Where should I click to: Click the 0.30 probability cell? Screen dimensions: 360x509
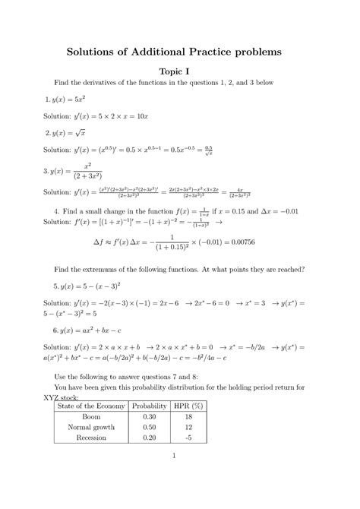[150, 417]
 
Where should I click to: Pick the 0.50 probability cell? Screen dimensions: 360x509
[150, 427]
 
